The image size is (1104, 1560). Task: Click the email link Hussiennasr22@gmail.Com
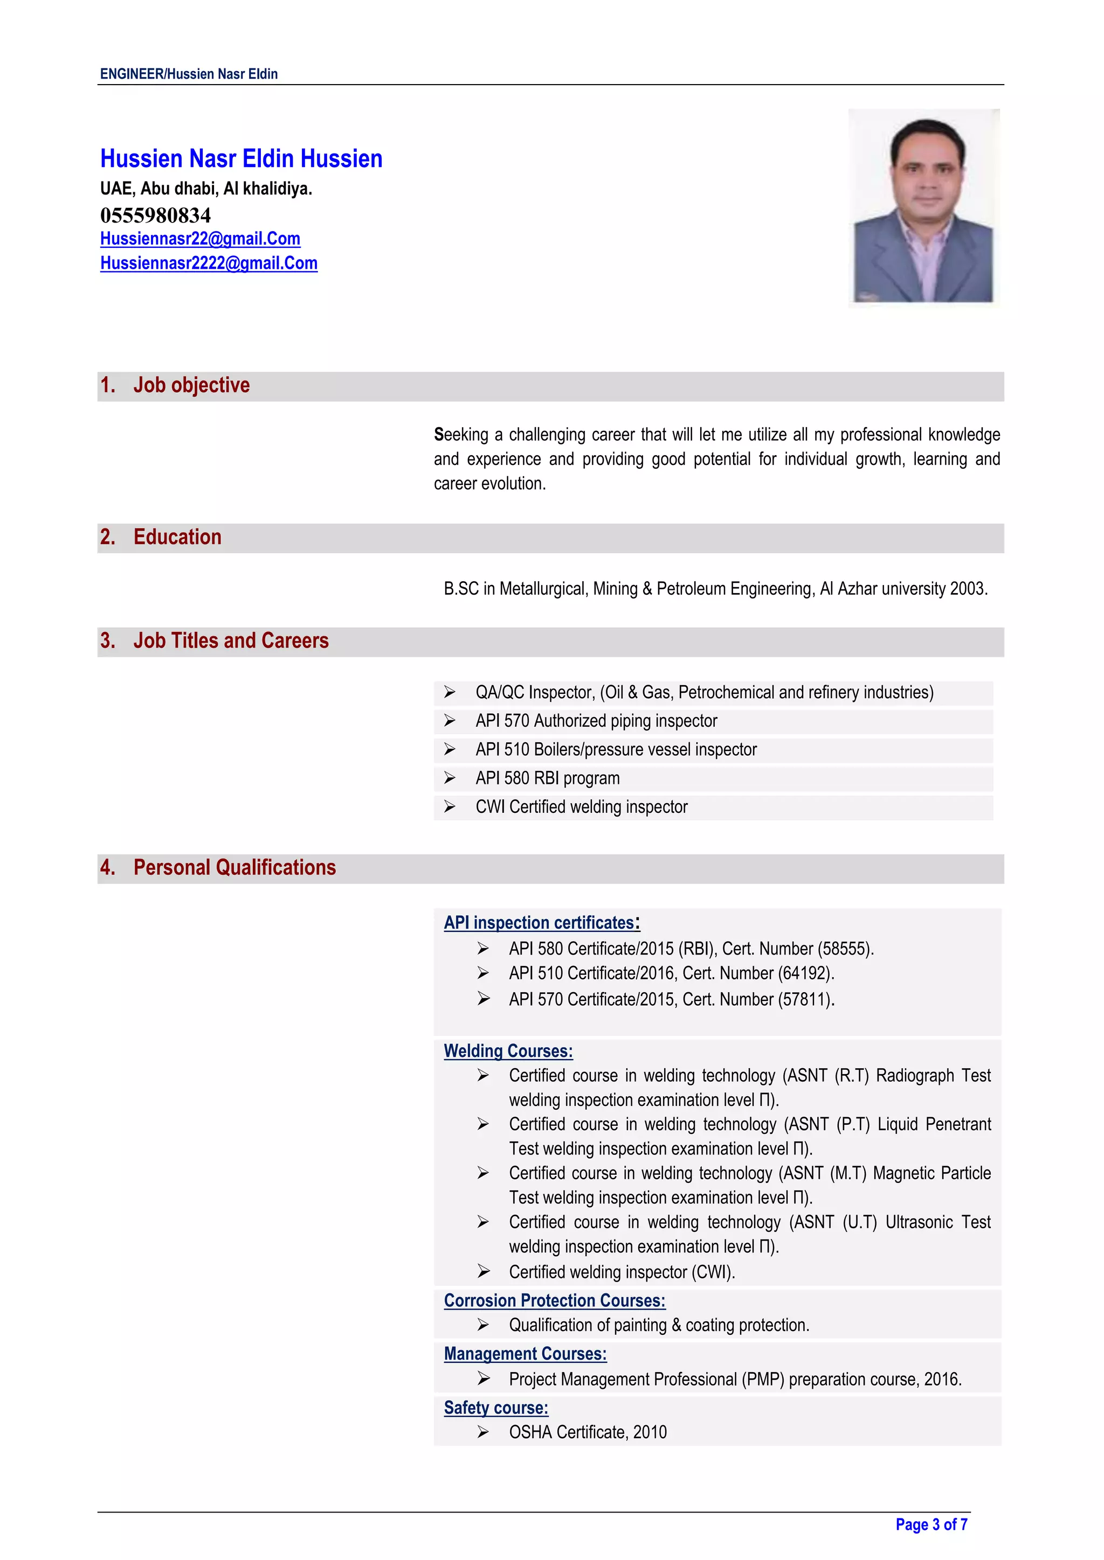pos(200,239)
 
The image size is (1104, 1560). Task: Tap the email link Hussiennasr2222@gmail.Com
pos(209,263)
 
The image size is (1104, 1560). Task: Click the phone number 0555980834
pos(156,215)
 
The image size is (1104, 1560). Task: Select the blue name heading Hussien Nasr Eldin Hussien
pos(241,158)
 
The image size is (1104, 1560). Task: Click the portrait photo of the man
pos(923,207)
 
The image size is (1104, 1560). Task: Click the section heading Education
pos(177,537)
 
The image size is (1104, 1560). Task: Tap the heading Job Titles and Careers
pos(231,640)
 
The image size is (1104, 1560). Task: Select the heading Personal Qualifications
pos(234,868)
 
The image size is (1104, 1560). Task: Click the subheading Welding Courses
pos(508,1051)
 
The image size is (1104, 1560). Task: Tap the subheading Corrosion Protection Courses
pos(554,1300)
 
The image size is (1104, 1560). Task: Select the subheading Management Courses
pos(525,1354)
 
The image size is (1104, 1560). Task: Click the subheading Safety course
pos(495,1407)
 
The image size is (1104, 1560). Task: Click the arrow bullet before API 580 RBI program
pos(450,778)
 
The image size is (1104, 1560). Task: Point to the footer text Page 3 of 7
pos(931,1524)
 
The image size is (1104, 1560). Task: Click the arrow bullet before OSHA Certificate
pos(482,1432)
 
